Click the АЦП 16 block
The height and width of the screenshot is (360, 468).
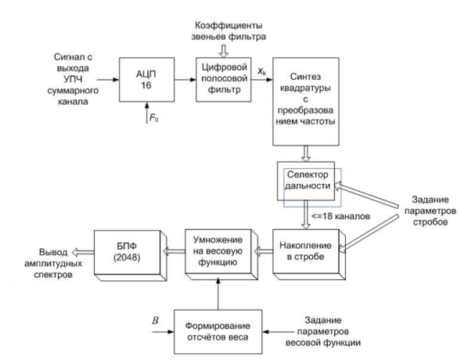point(146,80)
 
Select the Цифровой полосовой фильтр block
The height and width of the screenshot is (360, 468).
point(224,80)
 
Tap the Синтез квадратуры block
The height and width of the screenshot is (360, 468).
point(306,102)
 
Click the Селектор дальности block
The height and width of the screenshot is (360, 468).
point(306,181)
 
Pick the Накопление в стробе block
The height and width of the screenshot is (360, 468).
point(309,254)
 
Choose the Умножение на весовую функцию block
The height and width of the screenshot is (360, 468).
point(221,254)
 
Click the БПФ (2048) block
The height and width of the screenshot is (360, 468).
point(130,255)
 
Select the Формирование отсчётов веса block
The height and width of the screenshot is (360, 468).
point(218,332)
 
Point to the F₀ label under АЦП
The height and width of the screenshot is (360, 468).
point(153,118)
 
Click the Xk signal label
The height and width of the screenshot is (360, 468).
point(261,71)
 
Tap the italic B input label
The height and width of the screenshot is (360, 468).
point(155,321)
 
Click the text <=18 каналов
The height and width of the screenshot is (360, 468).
point(340,216)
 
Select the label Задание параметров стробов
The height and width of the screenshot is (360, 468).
point(430,211)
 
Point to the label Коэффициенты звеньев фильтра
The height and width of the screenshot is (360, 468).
point(229,31)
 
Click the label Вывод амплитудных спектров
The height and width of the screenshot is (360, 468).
point(53,263)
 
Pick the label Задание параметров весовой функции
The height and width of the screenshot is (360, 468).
point(323,331)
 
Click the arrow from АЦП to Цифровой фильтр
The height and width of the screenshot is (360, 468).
point(185,80)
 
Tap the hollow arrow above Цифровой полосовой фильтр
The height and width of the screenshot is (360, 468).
point(224,51)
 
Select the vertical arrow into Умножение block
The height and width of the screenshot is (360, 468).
point(218,293)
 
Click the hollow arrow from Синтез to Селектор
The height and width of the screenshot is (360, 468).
point(306,153)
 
